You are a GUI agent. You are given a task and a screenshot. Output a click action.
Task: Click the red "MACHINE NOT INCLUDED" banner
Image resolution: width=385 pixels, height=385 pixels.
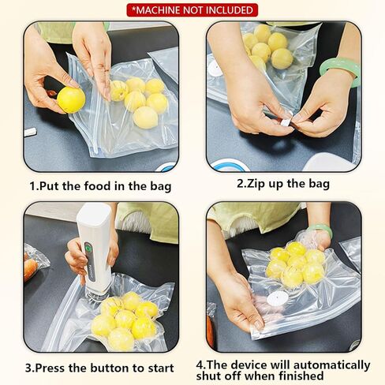[192, 10]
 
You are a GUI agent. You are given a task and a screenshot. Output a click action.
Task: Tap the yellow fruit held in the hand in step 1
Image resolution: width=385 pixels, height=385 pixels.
[71, 100]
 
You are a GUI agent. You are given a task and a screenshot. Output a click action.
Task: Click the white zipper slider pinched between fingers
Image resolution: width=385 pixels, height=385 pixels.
[286, 121]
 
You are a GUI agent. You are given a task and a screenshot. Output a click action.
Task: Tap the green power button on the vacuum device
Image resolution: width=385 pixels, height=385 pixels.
[88, 248]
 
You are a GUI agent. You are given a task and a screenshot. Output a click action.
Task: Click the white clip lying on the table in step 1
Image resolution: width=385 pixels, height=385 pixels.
[30, 132]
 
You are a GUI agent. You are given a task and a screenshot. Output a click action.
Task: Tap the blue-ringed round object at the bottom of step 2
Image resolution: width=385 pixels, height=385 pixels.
[230, 166]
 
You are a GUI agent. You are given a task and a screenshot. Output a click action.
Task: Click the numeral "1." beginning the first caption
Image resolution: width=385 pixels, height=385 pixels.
[34, 186]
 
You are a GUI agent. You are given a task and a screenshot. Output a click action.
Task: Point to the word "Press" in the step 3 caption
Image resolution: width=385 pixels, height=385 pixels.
[50, 368]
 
